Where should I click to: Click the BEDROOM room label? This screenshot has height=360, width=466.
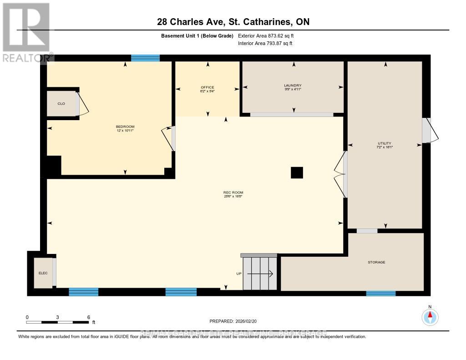125,127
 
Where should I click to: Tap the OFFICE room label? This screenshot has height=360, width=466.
208,87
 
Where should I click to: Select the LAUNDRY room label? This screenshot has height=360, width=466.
293,86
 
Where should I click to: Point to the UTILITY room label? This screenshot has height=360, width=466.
385,143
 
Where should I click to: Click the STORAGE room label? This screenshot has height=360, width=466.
376,262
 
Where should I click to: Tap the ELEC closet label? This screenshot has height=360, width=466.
43,273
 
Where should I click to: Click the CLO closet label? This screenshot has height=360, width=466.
61,104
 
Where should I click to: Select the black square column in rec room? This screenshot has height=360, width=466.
297,172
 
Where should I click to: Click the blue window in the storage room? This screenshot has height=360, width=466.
381,293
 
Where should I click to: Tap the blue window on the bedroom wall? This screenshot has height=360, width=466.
145,58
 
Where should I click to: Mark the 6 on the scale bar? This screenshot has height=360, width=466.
88,317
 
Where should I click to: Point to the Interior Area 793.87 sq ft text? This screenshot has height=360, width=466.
265,44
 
